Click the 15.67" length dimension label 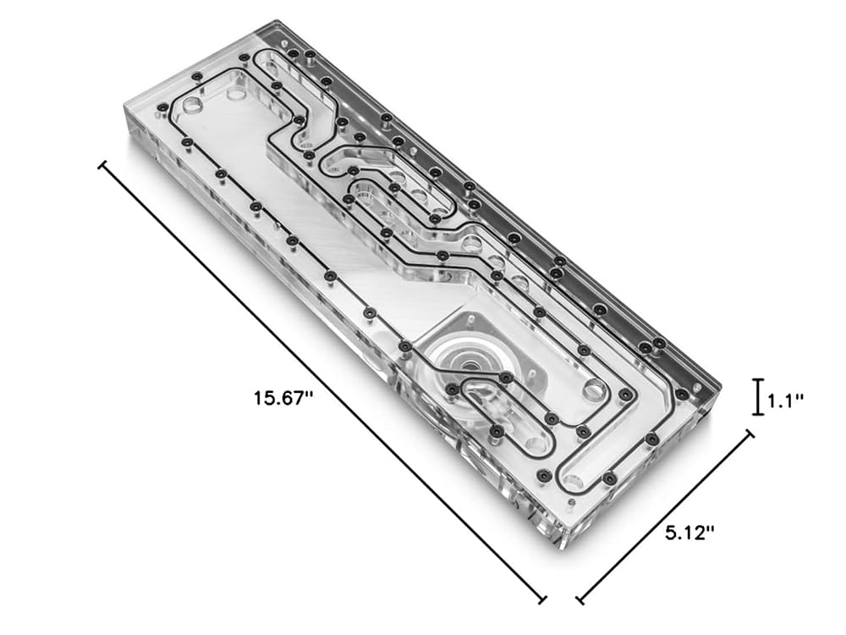[283, 399]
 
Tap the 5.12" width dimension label [689, 533]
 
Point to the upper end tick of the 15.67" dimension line [102, 164]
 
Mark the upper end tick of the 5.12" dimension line [750, 434]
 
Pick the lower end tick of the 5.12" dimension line [579, 599]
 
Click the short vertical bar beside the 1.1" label [759, 397]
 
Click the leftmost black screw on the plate [161, 107]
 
